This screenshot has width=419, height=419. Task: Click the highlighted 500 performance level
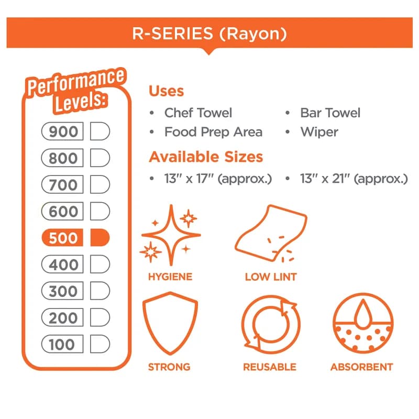62,238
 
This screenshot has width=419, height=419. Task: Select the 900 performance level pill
62,131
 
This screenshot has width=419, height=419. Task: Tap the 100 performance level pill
62,344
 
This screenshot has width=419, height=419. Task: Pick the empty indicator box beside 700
100,184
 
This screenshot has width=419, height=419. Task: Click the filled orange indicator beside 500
100,238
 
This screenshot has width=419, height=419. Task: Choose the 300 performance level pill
62,291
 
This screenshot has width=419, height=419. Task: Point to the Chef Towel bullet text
198,113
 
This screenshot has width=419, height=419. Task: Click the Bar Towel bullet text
330,113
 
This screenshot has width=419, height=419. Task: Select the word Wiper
319,133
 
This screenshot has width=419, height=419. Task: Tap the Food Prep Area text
213,132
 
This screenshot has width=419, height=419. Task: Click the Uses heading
166,91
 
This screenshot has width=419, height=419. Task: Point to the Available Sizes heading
206,157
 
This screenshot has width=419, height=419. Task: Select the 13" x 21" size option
354,179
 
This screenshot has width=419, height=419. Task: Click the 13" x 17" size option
218,179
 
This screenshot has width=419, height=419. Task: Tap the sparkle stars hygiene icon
171,235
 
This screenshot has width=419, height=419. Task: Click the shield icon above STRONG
170,323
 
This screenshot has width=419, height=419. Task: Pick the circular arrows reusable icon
271,324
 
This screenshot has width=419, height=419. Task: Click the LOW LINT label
271,277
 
